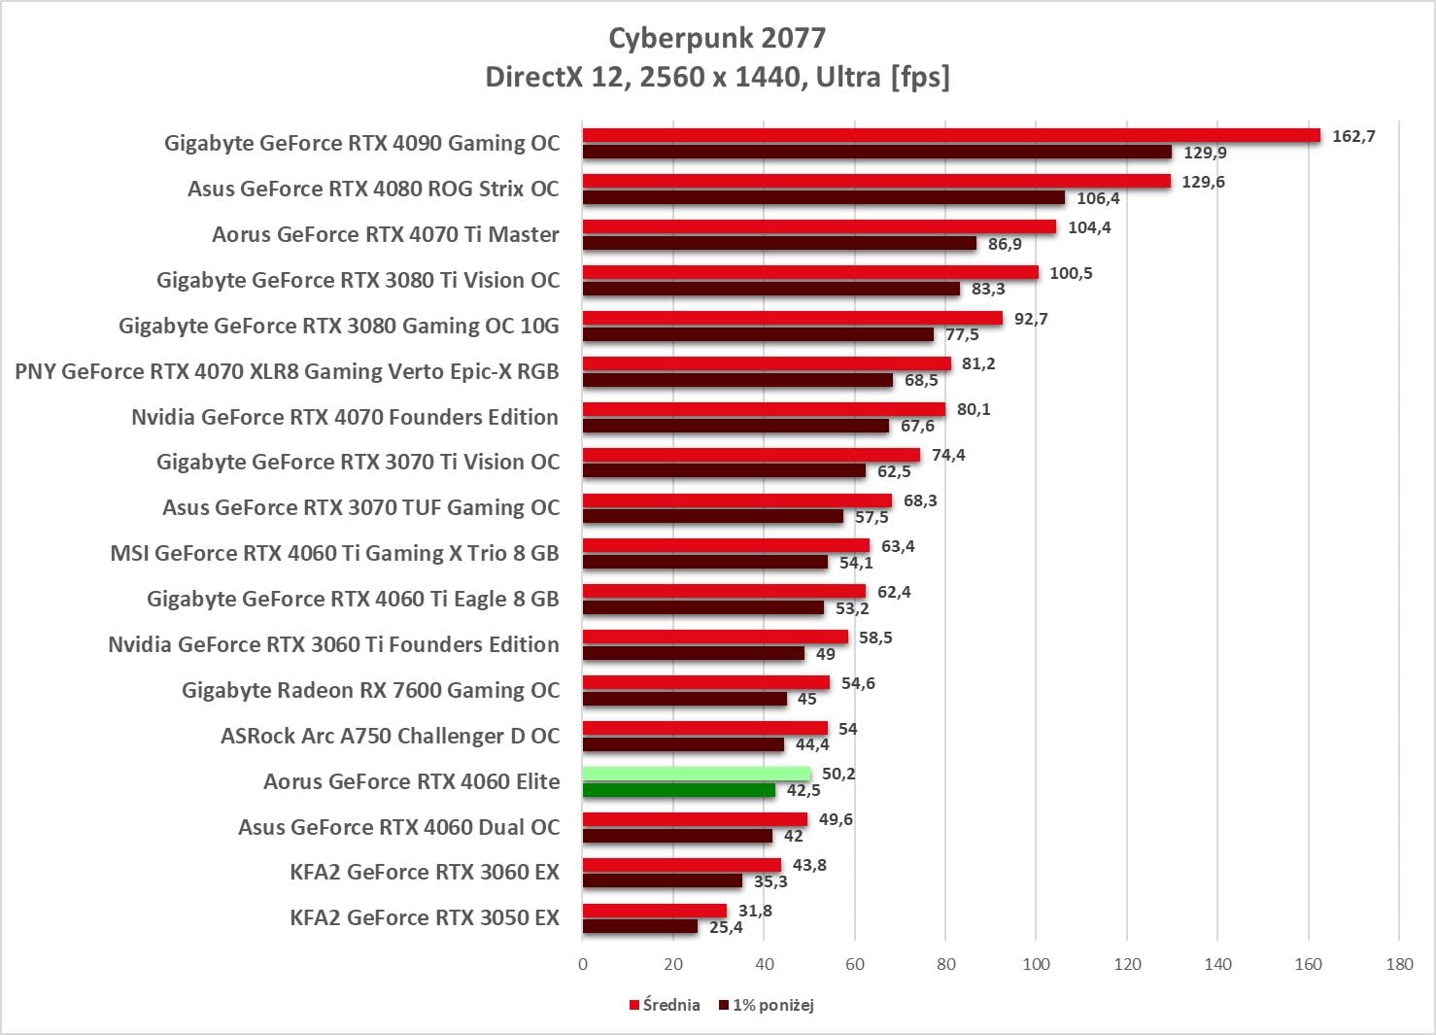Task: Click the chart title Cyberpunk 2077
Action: point(717,38)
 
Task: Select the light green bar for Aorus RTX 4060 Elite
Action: point(697,774)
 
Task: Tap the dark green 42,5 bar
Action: point(679,790)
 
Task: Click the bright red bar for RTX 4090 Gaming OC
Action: point(951,135)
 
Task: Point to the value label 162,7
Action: point(1353,136)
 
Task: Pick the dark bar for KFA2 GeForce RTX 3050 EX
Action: point(640,927)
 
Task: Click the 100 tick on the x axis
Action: point(1036,964)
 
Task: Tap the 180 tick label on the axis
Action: point(1399,964)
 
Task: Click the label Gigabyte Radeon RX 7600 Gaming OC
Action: point(370,690)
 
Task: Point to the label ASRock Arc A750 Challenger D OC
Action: point(390,736)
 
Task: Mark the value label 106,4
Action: point(1098,198)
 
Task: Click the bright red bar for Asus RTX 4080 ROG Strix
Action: point(876,181)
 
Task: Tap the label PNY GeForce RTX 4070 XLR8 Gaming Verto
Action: point(287,371)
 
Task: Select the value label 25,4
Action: point(726,927)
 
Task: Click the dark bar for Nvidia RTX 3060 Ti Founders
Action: point(694,653)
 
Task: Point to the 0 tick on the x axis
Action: point(583,964)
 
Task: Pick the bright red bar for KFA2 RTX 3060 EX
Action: point(682,865)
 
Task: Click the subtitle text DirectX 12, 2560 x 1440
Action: point(717,76)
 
